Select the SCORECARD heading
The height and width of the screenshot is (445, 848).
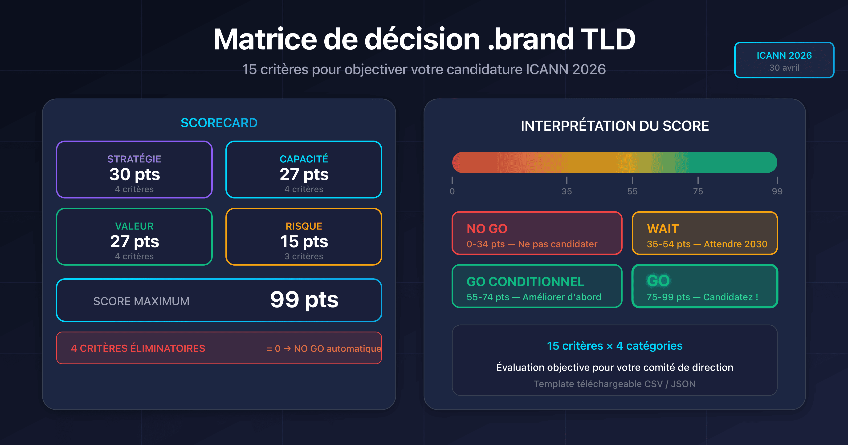(x=219, y=123)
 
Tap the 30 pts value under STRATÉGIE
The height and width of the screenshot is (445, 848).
(x=134, y=174)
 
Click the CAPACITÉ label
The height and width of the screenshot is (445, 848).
(x=304, y=159)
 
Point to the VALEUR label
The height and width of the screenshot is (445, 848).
(x=134, y=226)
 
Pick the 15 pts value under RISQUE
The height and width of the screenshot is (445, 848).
(x=304, y=241)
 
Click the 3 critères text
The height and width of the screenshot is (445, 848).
(x=304, y=256)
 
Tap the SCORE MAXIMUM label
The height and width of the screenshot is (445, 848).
(x=141, y=301)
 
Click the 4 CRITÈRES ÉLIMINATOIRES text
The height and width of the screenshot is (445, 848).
(x=138, y=348)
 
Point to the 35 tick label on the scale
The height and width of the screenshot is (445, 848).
(x=566, y=191)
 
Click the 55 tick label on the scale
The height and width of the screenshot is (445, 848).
(x=632, y=191)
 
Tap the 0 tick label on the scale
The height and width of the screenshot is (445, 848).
(x=452, y=191)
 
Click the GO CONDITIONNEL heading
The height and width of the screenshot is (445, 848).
(x=525, y=282)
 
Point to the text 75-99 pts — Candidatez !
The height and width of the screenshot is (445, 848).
(x=702, y=297)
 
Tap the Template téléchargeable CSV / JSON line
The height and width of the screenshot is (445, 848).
(x=614, y=384)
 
